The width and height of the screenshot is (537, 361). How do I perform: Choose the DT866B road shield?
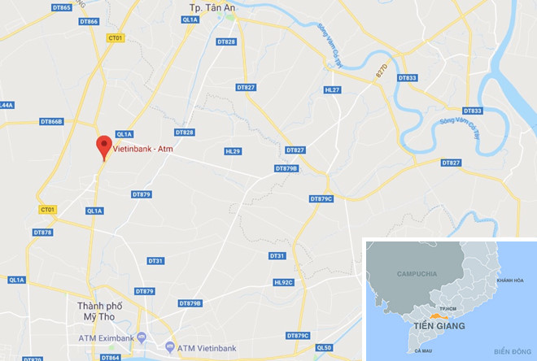(51, 122)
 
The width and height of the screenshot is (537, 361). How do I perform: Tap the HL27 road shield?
(332, 90)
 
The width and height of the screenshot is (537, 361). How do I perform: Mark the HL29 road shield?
(233, 151)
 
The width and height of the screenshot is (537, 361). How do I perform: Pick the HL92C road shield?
(283, 282)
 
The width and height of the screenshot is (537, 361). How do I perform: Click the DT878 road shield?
(43, 233)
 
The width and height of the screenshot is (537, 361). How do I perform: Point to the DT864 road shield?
(111, 358)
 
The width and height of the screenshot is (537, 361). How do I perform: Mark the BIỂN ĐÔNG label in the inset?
(510, 350)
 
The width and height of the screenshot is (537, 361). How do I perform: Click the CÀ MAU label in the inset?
(422, 350)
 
